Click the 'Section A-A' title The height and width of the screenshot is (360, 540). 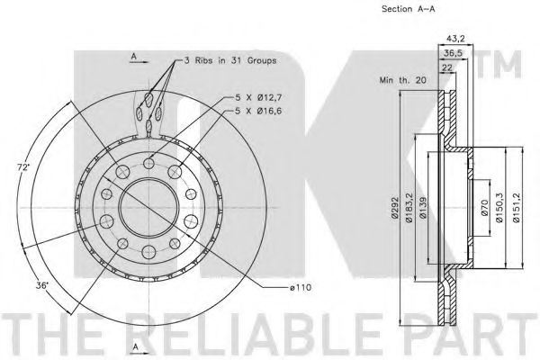coord(408,9)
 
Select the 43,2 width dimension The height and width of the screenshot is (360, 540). coord(455,39)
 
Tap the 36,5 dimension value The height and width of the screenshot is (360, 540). coord(453,53)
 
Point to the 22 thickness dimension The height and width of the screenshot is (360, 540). coord(447,67)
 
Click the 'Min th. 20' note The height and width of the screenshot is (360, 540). coord(402,80)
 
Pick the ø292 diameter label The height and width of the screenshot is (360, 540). coord(395,207)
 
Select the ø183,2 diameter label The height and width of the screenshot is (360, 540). coord(409,207)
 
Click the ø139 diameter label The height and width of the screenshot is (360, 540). coord(423,207)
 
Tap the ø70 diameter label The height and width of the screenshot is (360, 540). coord(484,207)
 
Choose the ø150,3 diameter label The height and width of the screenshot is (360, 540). coord(499,207)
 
